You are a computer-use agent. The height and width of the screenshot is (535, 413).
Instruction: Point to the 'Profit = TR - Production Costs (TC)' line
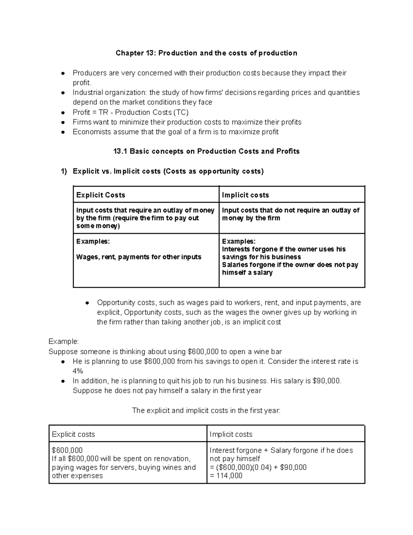(x=130, y=112)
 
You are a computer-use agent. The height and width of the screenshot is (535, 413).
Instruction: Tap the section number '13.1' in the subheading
(x=120, y=151)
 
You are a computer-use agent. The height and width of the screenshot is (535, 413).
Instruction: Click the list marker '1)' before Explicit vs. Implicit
(x=64, y=171)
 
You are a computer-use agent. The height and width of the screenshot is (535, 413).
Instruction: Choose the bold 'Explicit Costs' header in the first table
(x=100, y=195)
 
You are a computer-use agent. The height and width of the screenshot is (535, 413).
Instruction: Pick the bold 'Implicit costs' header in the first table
(x=245, y=195)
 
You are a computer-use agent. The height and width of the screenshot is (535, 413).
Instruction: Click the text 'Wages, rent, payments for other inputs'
(x=138, y=257)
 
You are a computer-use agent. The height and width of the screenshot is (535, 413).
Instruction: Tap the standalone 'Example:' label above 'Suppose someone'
(x=64, y=341)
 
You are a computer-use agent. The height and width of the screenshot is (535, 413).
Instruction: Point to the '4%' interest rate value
(x=78, y=371)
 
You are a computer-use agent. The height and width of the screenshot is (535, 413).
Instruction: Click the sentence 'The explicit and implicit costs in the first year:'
(x=206, y=411)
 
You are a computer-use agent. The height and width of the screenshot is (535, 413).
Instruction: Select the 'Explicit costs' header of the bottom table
(x=73, y=434)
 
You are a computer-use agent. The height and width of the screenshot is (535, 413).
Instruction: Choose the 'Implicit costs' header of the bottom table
(x=231, y=434)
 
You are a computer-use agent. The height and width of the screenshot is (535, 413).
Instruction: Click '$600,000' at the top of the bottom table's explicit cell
(x=67, y=450)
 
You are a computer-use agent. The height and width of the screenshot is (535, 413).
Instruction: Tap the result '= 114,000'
(x=226, y=476)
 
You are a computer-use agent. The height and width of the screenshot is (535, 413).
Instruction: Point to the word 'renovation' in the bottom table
(x=171, y=459)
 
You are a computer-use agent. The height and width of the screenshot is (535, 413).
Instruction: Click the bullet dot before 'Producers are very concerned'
(x=63, y=73)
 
